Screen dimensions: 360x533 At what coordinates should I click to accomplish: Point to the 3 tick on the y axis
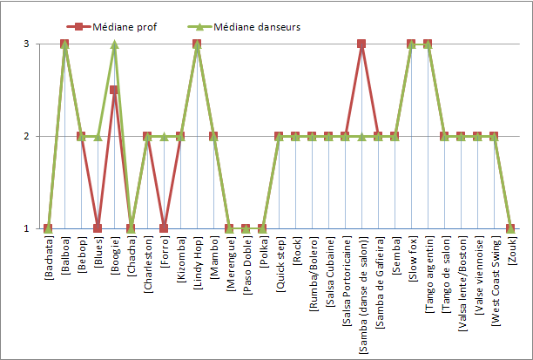pyautogui.click(x=27, y=44)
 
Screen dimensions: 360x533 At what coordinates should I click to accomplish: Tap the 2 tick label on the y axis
pyautogui.click(x=27, y=136)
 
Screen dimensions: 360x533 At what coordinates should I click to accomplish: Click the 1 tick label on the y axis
pyautogui.click(x=27, y=228)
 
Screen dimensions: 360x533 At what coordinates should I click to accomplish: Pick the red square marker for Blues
pyautogui.click(x=98, y=228)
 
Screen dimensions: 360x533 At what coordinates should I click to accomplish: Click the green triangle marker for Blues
pyautogui.click(x=98, y=136)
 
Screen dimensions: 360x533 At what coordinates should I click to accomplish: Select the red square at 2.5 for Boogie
pyautogui.click(x=114, y=90)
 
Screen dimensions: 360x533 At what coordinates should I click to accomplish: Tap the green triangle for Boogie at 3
pyautogui.click(x=114, y=44)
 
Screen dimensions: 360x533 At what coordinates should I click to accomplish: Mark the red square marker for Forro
pyautogui.click(x=164, y=228)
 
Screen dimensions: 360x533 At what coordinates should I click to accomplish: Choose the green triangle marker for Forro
pyautogui.click(x=164, y=136)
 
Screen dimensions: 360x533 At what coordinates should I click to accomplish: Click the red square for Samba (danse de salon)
pyautogui.click(x=361, y=44)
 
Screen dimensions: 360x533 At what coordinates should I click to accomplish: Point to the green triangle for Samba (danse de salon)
pyautogui.click(x=361, y=136)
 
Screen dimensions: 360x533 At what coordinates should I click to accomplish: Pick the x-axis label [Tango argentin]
pyautogui.click(x=428, y=272)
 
